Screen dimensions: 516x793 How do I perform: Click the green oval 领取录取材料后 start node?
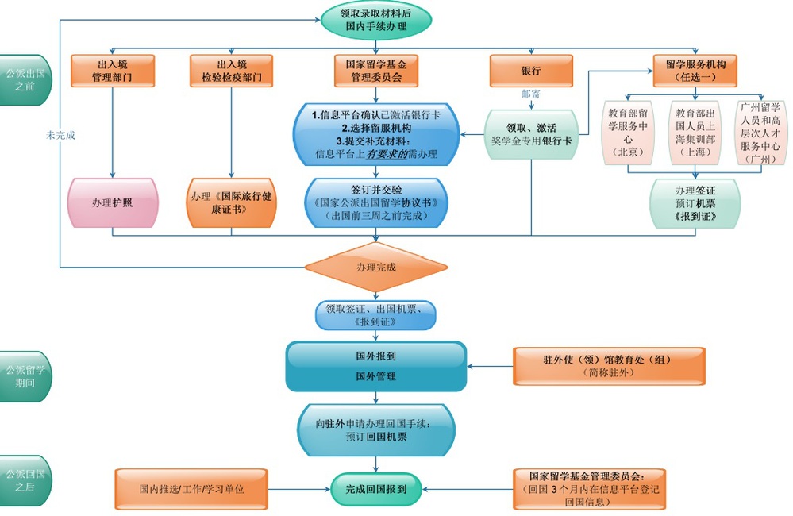tap(376, 19)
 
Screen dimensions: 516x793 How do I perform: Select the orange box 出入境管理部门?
tap(113, 71)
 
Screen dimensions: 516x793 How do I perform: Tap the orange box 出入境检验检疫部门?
tap(231, 71)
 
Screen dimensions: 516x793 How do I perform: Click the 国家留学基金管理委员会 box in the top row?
tap(376, 71)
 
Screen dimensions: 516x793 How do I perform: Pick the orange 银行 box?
tap(531, 71)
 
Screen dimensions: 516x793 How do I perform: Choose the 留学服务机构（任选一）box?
tap(695, 71)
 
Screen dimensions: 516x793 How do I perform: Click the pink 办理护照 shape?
tap(112, 202)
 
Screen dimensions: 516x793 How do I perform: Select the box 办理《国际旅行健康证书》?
tap(231, 202)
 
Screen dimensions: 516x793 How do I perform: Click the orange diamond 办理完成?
tap(376, 268)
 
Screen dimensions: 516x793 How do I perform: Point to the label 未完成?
tap(60, 136)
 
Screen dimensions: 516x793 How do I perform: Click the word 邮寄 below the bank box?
tap(530, 94)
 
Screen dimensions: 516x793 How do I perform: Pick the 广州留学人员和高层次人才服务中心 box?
tap(760, 132)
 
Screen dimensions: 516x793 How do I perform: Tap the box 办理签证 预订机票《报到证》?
tap(695, 204)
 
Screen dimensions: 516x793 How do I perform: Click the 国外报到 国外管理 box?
tap(375, 366)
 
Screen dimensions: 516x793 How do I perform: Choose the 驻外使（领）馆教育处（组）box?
tap(609, 366)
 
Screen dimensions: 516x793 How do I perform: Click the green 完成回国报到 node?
tap(376, 490)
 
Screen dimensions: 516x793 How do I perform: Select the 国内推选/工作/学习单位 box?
tap(191, 490)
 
